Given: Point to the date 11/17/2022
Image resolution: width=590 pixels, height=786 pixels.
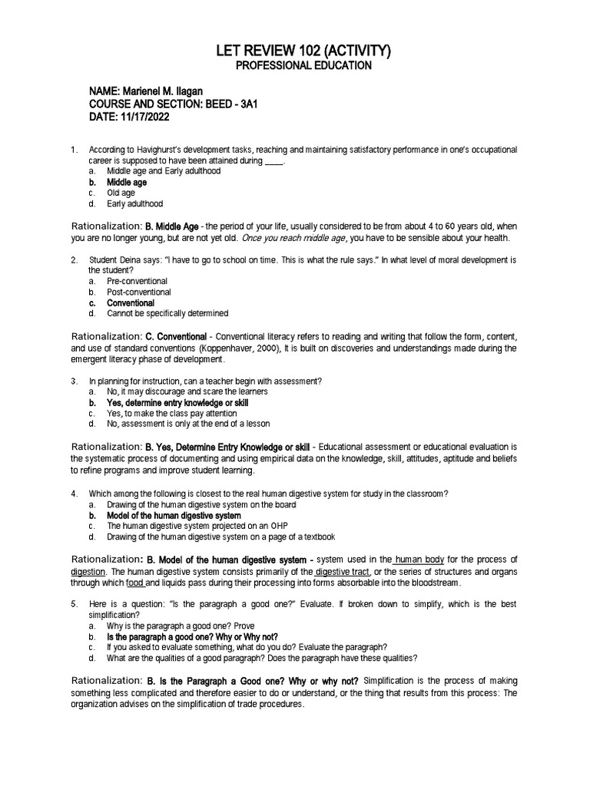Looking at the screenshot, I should click(x=142, y=117).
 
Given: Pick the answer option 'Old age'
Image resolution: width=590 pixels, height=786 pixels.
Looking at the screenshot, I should click(x=121, y=193).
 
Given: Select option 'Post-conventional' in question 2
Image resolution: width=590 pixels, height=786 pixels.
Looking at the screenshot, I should click(x=139, y=292).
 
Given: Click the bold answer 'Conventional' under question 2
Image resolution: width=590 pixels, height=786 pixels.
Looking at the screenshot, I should click(x=131, y=303).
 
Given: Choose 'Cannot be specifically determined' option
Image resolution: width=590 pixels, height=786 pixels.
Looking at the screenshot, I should click(x=167, y=314).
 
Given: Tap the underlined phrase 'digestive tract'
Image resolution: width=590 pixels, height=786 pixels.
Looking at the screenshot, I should click(x=343, y=572).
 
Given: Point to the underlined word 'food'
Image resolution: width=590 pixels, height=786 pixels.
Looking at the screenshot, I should click(x=135, y=584).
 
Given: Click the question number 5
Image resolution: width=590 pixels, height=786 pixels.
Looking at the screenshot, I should click(x=73, y=605).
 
